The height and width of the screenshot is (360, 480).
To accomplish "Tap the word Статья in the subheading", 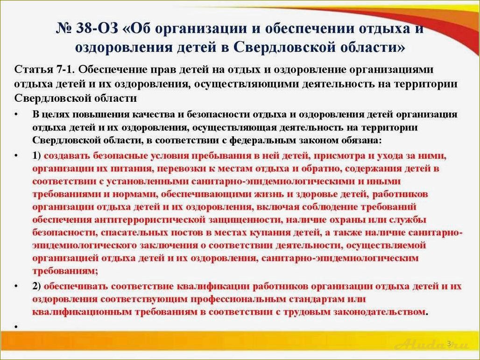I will (x=31, y=70).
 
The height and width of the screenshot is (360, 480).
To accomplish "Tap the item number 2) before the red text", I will (x=37, y=286).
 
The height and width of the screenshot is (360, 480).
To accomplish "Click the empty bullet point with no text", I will (x=16, y=326).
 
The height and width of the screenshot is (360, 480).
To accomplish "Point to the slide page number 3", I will (x=449, y=344).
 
